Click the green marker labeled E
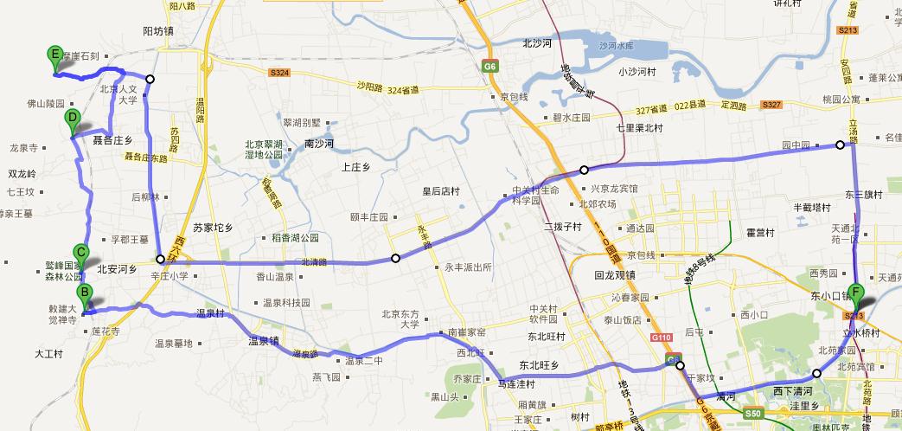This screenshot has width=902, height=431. coord(55,58)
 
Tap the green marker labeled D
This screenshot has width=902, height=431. coord(73,122)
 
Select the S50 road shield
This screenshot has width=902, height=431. coord(752,414)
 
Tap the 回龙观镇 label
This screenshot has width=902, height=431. coord(615,275)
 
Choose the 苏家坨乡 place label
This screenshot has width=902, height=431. coord(213,228)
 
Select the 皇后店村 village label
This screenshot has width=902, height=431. coord(439,192)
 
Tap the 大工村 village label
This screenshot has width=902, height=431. coord(49,353)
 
